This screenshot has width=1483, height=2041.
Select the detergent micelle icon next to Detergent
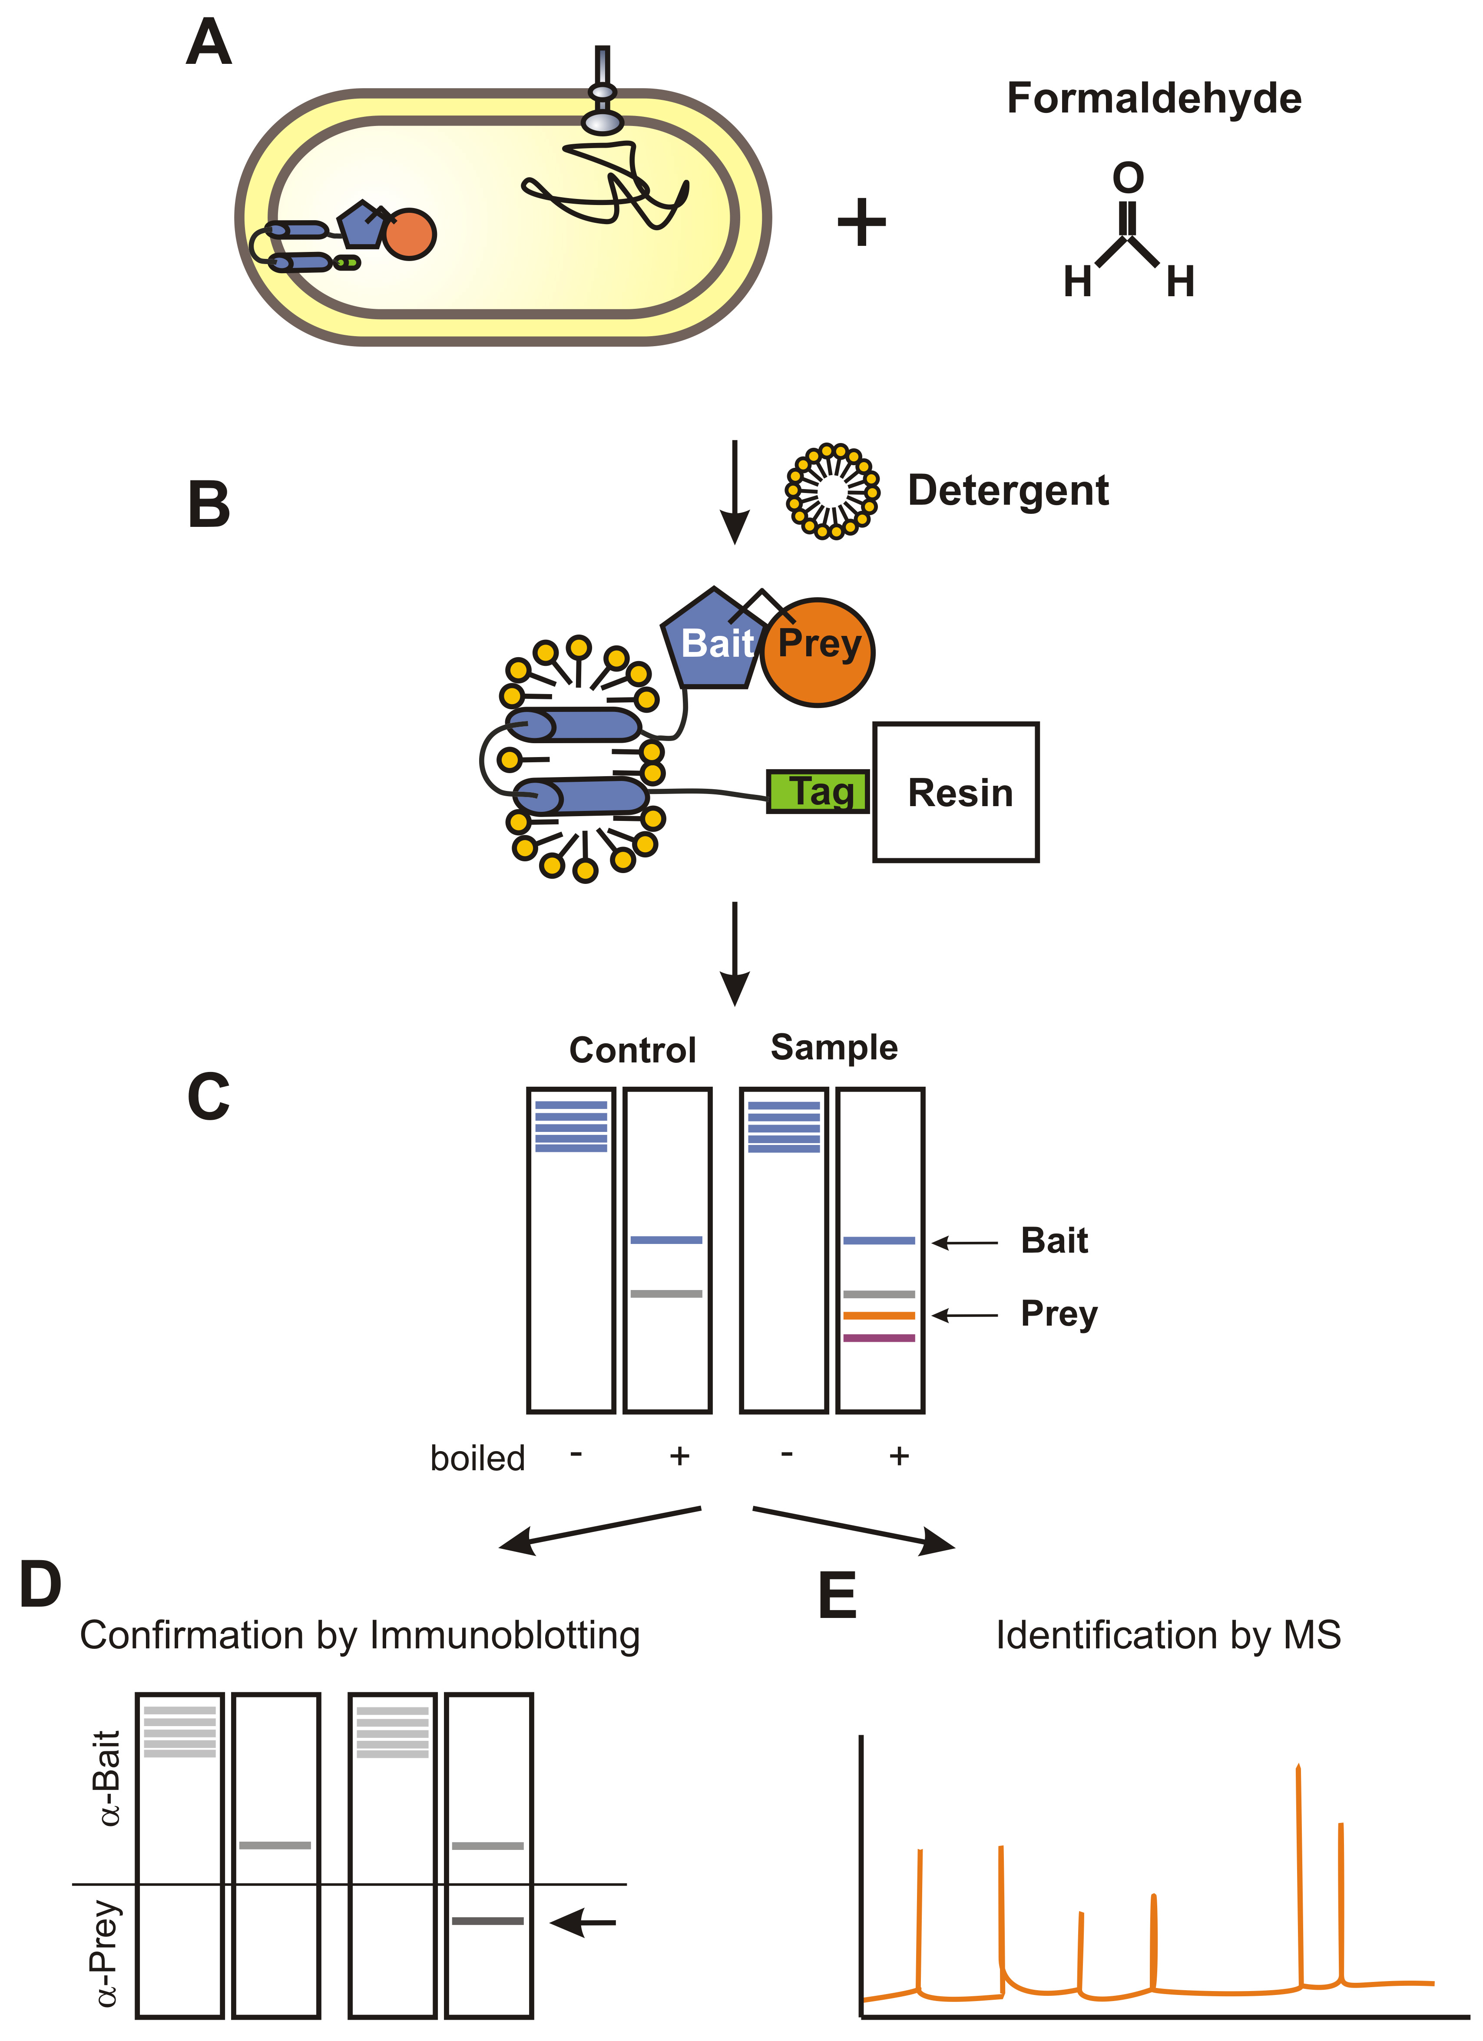832,491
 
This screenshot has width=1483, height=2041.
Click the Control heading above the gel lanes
632,1050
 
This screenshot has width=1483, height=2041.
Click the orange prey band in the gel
879,1316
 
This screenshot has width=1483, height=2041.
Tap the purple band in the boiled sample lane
879,1338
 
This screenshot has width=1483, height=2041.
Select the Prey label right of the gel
1058,1314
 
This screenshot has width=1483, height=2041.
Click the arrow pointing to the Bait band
965,1243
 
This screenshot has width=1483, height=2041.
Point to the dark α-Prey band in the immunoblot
488,1921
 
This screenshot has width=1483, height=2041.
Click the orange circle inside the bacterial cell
410,234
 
